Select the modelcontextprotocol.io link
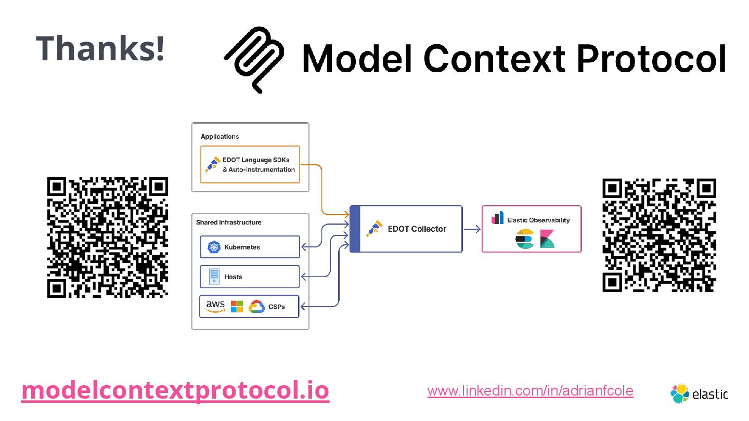tap(175, 391)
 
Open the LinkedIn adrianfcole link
tap(530, 391)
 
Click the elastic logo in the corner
tap(700, 394)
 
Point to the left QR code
tap(108, 238)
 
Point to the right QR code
tap(659, 235)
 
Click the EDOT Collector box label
tap(417, 229)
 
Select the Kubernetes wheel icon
tap(214, 247)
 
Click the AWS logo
tap(215, 306)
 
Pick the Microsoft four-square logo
tap(237, 307)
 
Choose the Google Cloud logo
tap(257, 307)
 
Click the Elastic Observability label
tap(538, 220)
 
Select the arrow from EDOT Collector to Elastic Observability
tap(472, 229)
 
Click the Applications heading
tap(220, 136)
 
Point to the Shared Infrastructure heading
tap(229, 222)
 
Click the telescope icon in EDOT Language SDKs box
tap(211, 165)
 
